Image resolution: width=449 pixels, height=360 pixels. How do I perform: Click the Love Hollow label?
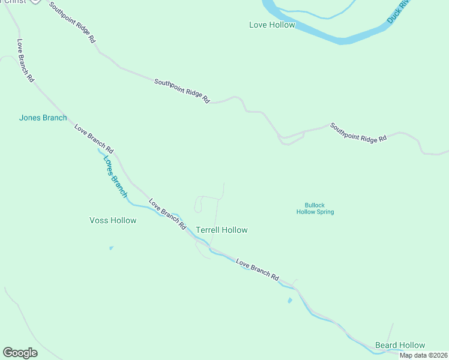tap(272, 25)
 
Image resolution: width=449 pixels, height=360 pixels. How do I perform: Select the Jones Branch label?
tap(43, 118)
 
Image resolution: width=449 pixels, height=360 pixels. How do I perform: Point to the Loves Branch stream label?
tap(114, 176)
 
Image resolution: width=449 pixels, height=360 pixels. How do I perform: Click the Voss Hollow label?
tap(113, 220)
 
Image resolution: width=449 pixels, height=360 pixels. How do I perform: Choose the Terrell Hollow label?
tap(221, 230)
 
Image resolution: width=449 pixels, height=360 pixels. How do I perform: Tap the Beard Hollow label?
tap(400, 345)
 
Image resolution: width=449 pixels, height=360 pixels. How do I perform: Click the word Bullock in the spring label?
tap(315, 204)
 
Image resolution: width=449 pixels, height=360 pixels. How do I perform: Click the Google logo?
tap(20, 353)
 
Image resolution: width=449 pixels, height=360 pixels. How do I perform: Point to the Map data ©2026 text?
tap(424, 355)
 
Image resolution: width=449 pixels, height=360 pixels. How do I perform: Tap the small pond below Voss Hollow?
tap(111, 248)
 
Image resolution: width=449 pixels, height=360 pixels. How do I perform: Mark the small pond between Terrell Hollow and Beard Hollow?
tap(290, 300)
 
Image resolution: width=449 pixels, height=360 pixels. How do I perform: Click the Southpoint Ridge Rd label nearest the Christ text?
tap(73, 22)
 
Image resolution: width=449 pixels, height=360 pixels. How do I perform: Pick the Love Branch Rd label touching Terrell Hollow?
tap(167, 214)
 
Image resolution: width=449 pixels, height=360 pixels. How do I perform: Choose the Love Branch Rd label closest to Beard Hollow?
tap(258, 270)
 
